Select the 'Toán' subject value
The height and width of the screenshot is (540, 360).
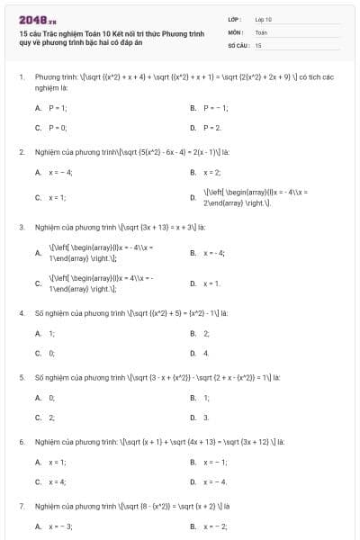click(x=261, y=31)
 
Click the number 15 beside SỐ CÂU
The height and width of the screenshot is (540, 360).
click(x=258, y=44)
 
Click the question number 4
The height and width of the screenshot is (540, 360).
click(x=22, y=313)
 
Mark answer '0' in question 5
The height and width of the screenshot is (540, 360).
click(x=51, y=397)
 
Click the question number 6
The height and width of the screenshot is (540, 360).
click(x=22, y=443)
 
